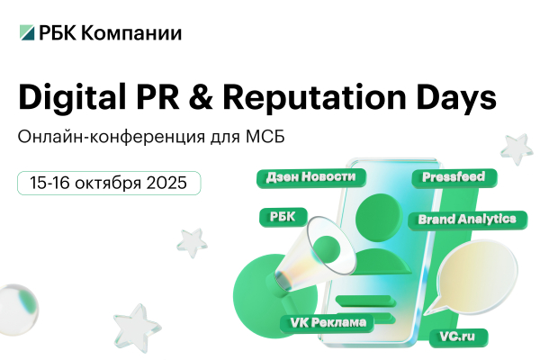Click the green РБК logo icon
tap(28, 33)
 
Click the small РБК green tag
tap(283, 216)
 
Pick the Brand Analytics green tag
tap(466, 219)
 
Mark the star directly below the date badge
tap(191, 240)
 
